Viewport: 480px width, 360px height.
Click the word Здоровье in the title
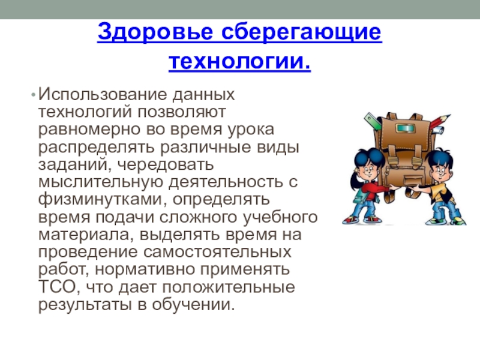(x=155, y=32)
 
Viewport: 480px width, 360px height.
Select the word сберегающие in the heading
(x=301, y=32)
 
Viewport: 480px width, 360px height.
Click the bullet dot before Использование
(x=33, y=95)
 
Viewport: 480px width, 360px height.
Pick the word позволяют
(x=181, y=112)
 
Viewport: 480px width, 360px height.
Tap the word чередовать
(x=166, y=164)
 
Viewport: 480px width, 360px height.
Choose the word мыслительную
(x=101, y=182)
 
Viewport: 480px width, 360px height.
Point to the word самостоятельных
(x=217, y=252)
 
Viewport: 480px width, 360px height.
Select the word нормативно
(x=145, y=269)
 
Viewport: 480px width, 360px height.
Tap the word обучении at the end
(x=193, y=305)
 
